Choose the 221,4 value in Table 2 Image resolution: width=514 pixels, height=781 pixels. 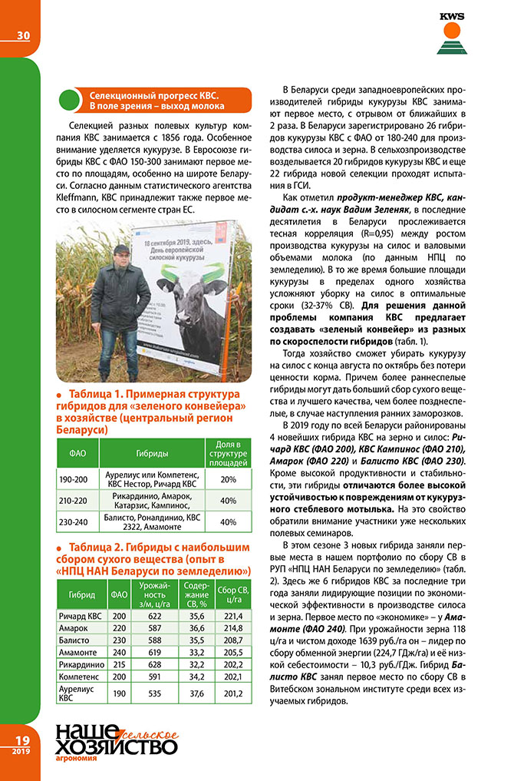pos(229,616)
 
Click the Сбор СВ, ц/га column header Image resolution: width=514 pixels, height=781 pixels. pos(229,594)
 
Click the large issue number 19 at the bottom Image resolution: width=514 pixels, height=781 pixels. pos(21,740)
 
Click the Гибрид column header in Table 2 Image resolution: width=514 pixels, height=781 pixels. pos(82,594)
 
